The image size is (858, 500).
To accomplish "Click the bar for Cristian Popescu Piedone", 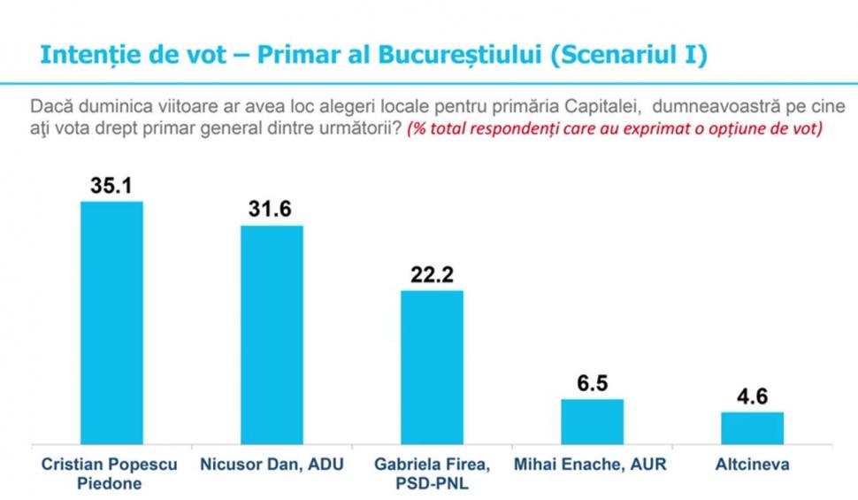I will [x=111, y=323].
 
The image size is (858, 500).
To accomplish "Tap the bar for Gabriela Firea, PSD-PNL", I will [x=432, y=367].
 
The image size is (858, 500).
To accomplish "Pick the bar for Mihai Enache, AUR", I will [x=592, y=421].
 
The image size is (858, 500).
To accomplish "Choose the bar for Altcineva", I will [x=752, y=427].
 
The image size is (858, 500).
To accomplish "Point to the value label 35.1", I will [x=111, y=187].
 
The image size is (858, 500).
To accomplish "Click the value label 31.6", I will [x=271, y=211].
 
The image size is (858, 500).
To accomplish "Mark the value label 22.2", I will [x=432, y=275].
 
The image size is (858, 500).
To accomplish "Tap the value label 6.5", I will [x=592, y=384].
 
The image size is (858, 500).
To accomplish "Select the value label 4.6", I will [x=752, y=397].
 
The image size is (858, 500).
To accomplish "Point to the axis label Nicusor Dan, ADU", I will [x=271, y=465].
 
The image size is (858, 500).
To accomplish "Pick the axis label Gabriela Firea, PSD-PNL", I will [x=433, y=473].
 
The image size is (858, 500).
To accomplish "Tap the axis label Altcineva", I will [x=752, y=465].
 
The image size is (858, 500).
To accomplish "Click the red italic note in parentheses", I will [x=616, y=129].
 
